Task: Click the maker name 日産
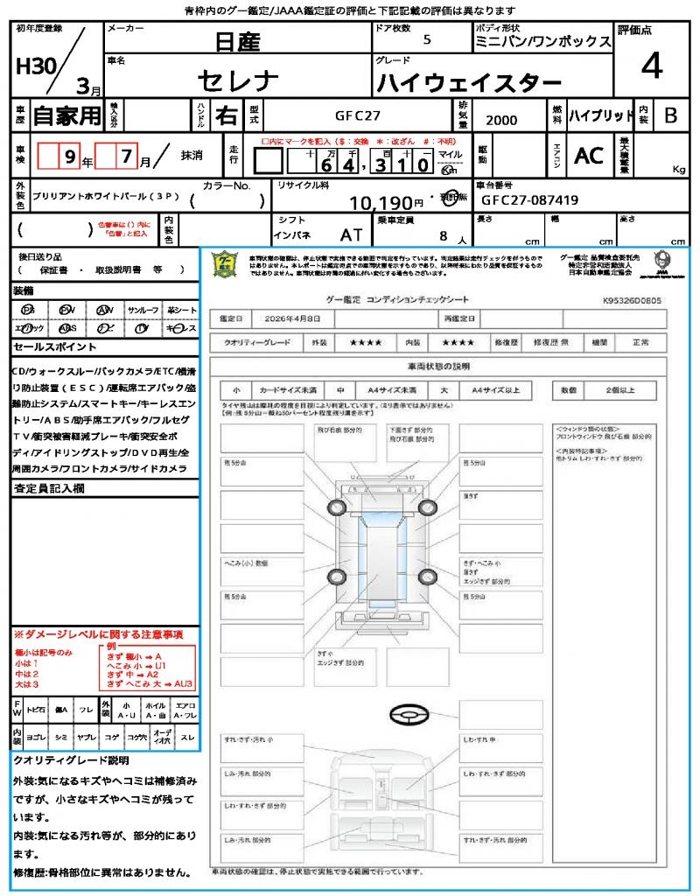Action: point(236,41)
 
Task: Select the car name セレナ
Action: point(238,81)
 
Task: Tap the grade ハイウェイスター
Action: point(469,84)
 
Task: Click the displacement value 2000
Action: point(501,120)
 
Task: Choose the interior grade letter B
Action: point(670,115)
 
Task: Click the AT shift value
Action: point(352,234)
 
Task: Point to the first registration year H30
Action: point(33,67)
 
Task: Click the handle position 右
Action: point(226,115)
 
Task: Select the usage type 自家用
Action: point(66,115)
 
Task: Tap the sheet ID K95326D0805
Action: point(632,300)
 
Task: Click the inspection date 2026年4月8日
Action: point(296,319)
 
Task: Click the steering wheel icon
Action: point(408,715)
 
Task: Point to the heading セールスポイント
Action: point(48,346)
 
